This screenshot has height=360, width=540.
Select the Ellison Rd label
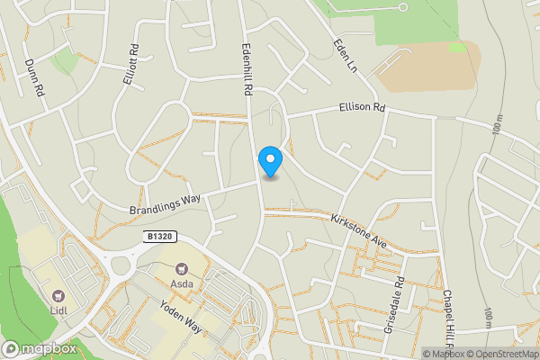[x=362, y=107]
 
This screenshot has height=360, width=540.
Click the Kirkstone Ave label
[x=357, y=230]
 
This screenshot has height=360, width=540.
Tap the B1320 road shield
[x=158, y=237]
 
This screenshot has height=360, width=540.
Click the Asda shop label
[x=184, y=283]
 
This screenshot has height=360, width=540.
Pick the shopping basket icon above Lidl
[x=59, y=295]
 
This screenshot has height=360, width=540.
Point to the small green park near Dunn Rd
[x=64, y=61]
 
